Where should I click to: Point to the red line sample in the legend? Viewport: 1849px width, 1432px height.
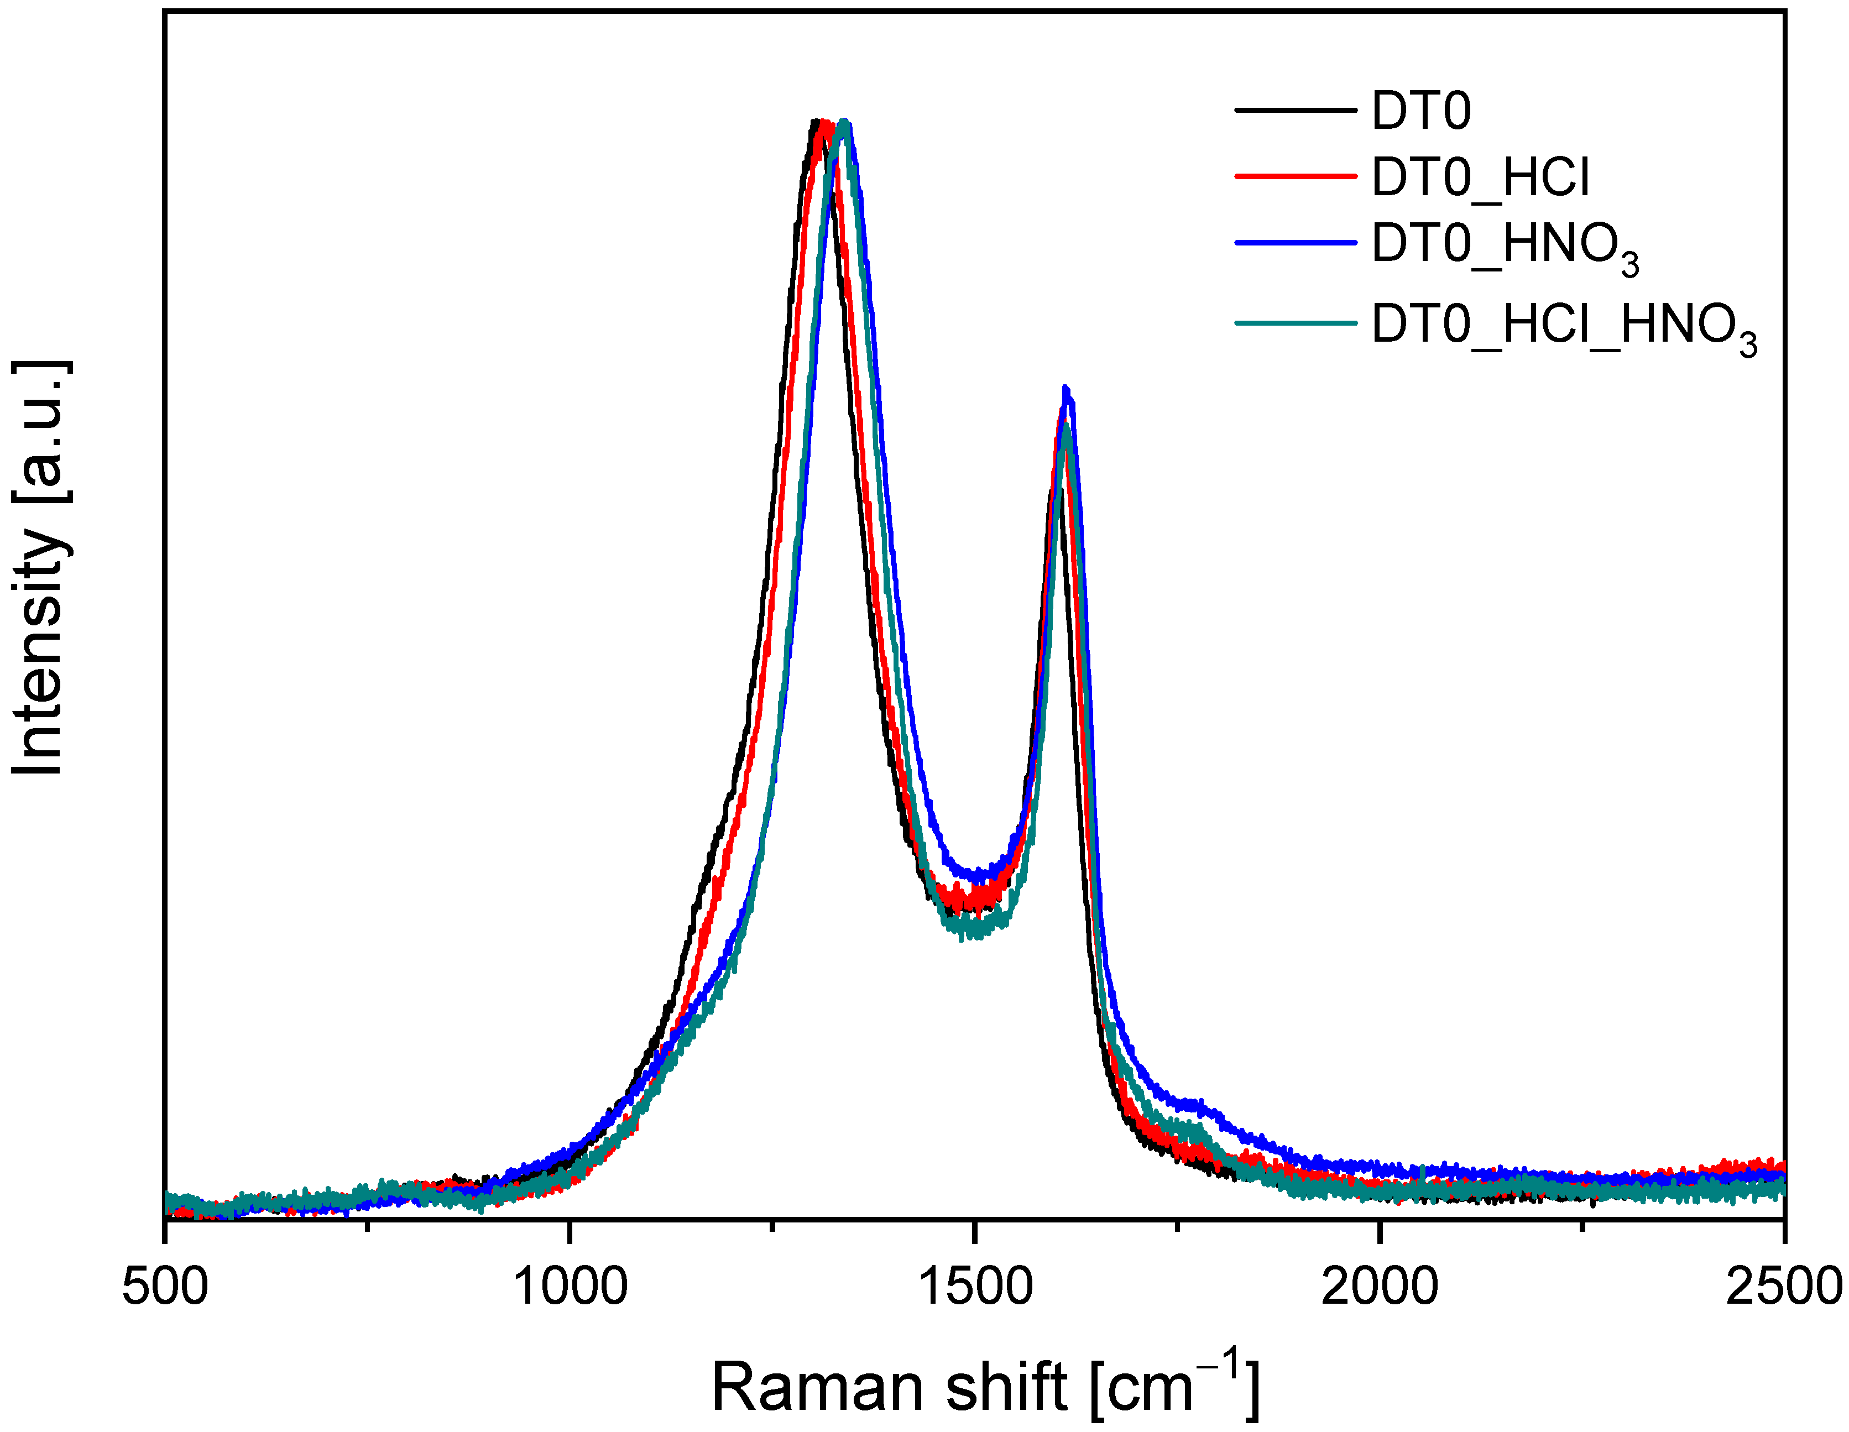1296,176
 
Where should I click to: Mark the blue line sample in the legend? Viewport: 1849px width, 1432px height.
1296,243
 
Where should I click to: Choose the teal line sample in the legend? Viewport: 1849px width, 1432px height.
1296,322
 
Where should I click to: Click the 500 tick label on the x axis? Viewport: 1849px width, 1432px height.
165,1287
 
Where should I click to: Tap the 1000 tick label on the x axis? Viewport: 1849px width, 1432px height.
570,1287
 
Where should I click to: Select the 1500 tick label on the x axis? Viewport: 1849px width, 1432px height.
975,1287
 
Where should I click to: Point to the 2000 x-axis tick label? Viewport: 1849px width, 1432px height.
1380,1287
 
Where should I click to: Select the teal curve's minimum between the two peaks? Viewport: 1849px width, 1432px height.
974,931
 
